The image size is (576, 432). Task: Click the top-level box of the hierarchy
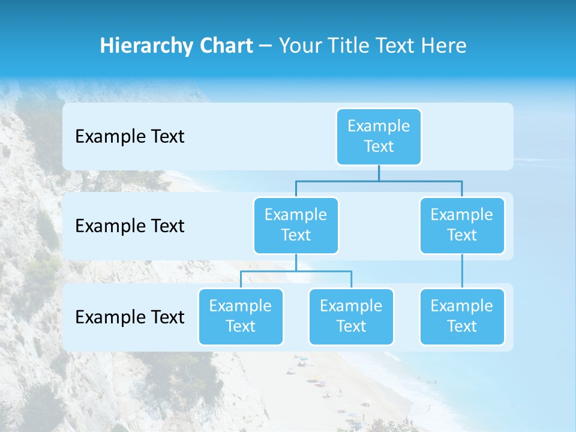[379, 136]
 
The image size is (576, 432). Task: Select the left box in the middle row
[296, 225]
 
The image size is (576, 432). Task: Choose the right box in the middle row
[462, 225]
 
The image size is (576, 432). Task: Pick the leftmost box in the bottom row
[241, 316]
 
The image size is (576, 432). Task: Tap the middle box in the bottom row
[351, 316]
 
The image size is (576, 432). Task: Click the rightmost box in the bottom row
[462, 316]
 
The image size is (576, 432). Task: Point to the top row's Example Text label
[130, 137]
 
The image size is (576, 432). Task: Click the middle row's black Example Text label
[130, 226]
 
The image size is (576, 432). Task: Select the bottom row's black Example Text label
[130, 317]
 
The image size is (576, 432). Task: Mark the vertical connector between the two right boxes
[462, 271]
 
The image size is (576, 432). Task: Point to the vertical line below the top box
[379, 173]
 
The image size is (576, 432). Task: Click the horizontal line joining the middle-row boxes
[379, 181]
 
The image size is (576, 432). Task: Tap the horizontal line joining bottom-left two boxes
[296, 271]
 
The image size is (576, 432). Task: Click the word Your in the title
[299, 46]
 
